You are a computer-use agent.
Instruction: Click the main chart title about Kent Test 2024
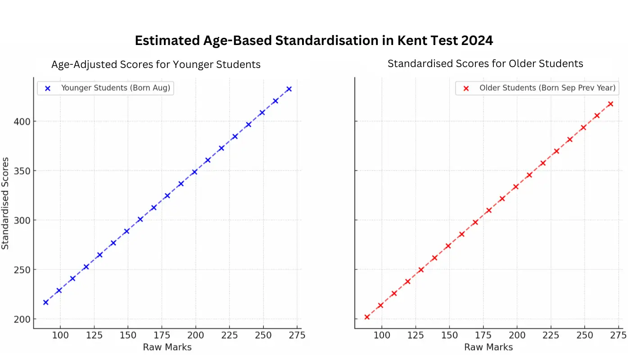pyautogui.click(x=314, y=40)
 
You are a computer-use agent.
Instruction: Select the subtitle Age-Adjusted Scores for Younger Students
pyautogui.click(x=156, y=64)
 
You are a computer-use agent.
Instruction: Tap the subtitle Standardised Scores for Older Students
pyautogui.click(x=485, y=63)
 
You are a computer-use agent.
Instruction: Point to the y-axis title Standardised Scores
pyautogui.click(x=5, y=203)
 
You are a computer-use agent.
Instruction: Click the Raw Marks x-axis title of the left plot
pyautogui.click(x=167, y=347)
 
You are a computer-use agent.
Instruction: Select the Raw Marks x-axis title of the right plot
pyautogui.click(x=488, y=347)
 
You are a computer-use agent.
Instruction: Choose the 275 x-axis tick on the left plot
pyautogui.click(x=297, y=335)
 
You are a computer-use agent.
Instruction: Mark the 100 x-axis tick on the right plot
pyautogui.click(x=382, y=335)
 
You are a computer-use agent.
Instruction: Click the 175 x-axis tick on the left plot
pyautogui.click(x=162, y=335)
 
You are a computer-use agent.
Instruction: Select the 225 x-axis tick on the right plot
pyautogui.click(x=551, y=335)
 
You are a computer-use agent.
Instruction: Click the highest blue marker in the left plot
pyautogui.click(x=289, y=89)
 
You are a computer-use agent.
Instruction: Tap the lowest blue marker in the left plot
pyautogui.click(x=45, y=302)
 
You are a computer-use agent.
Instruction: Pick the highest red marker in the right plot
pyautogui.click(x=610, y=104)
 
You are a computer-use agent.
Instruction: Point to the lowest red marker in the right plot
pyautogui.click(x=367, y=317)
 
